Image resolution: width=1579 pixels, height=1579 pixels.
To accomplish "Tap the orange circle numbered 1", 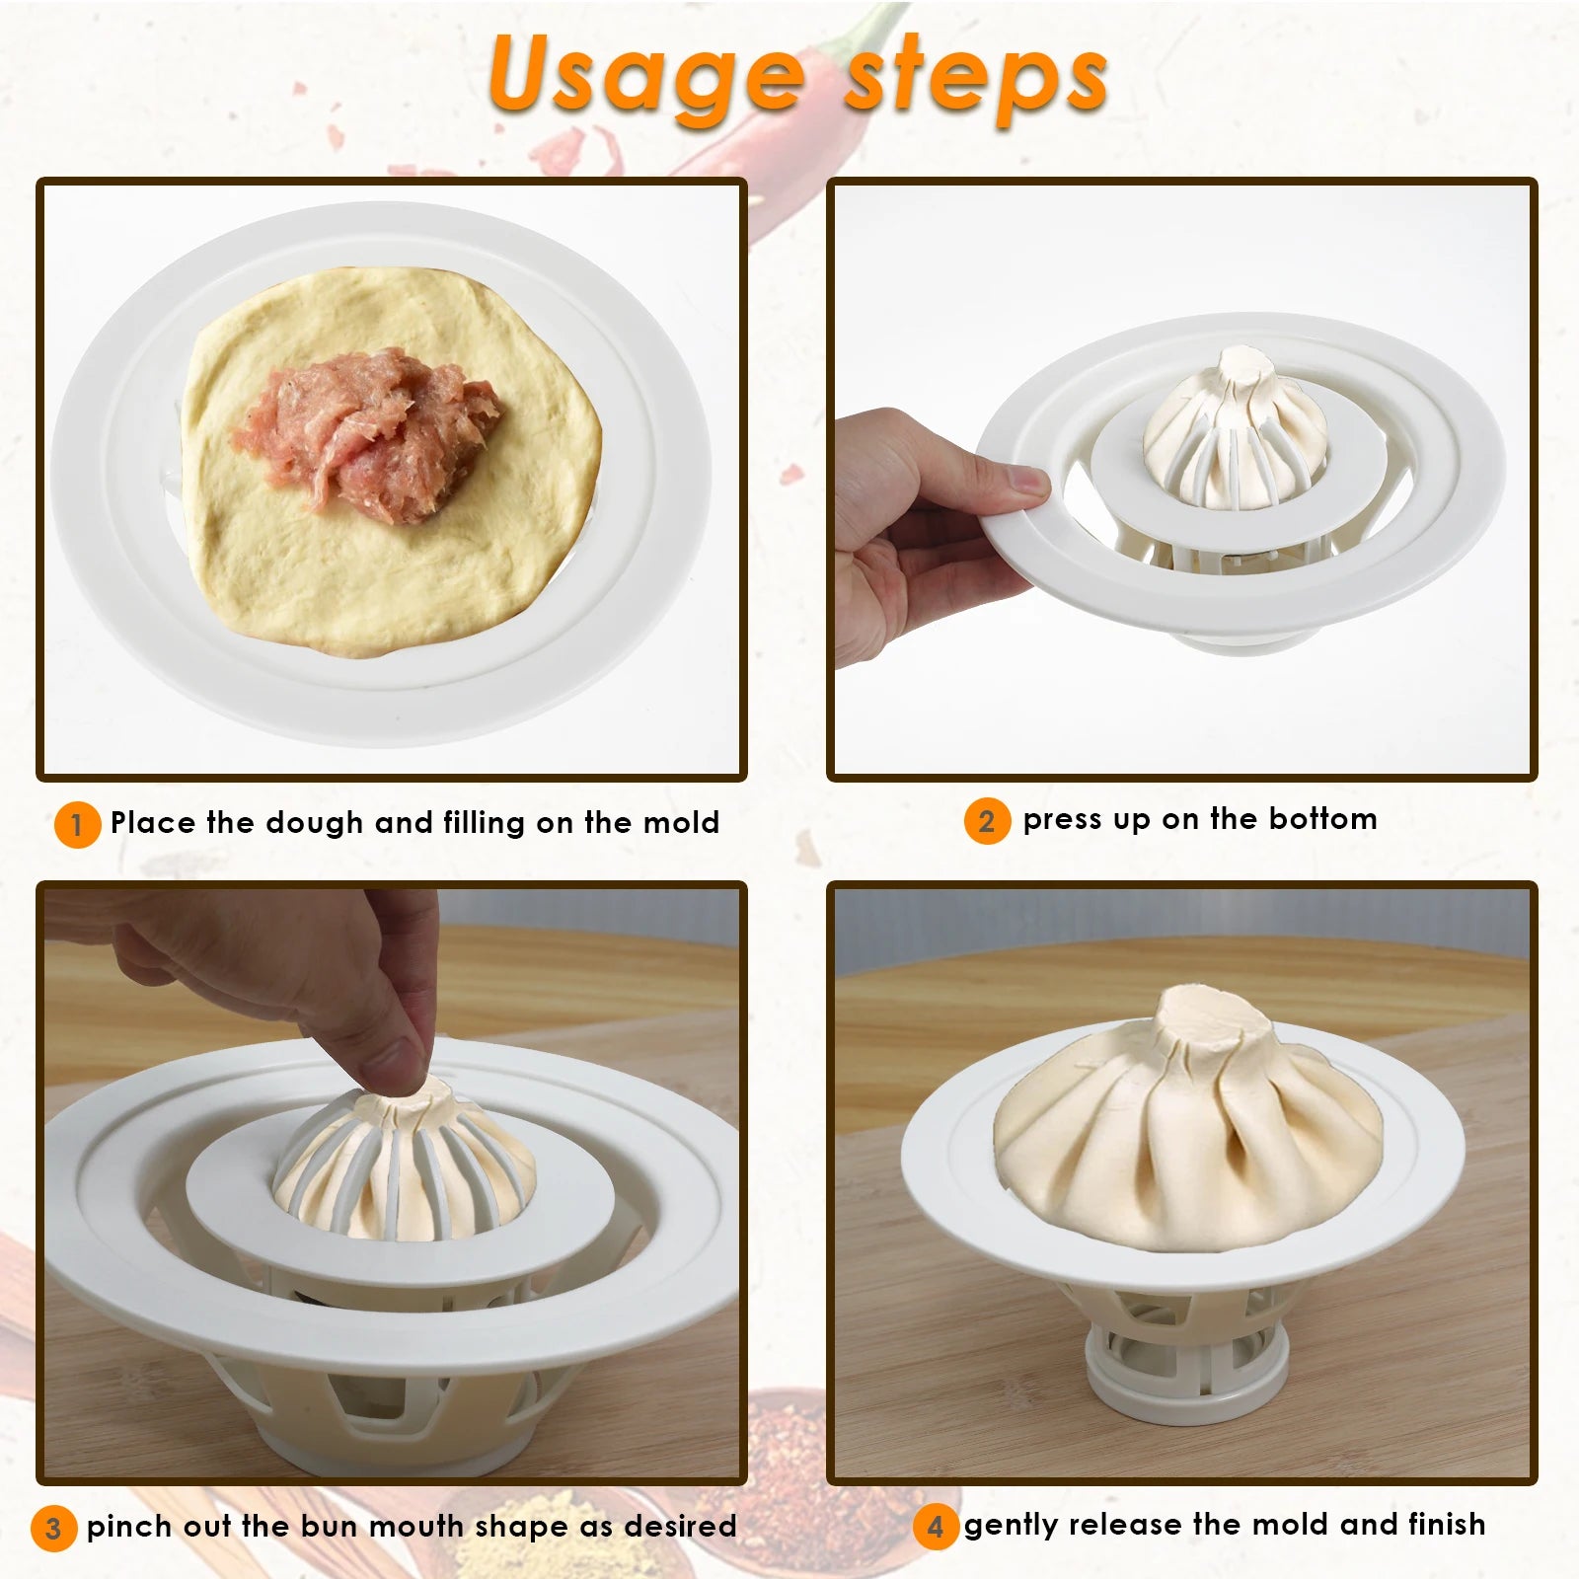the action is [x=77, y=824].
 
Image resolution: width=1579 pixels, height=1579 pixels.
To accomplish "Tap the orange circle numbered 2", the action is [x=987, y=821].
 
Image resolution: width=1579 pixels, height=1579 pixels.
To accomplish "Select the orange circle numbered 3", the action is [x=53, y=1529].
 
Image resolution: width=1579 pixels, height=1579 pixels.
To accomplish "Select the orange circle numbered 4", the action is [x=936, y=1527].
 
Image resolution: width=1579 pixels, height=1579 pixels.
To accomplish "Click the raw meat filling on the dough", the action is [x=370, y=434].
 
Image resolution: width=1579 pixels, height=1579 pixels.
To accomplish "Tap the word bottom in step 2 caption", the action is [x=1322, y=819].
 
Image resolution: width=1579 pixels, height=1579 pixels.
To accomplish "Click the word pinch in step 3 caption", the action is [x=129, y=1527].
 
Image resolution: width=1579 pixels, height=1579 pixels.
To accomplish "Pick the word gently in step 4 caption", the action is [x=1012, y=1526].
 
